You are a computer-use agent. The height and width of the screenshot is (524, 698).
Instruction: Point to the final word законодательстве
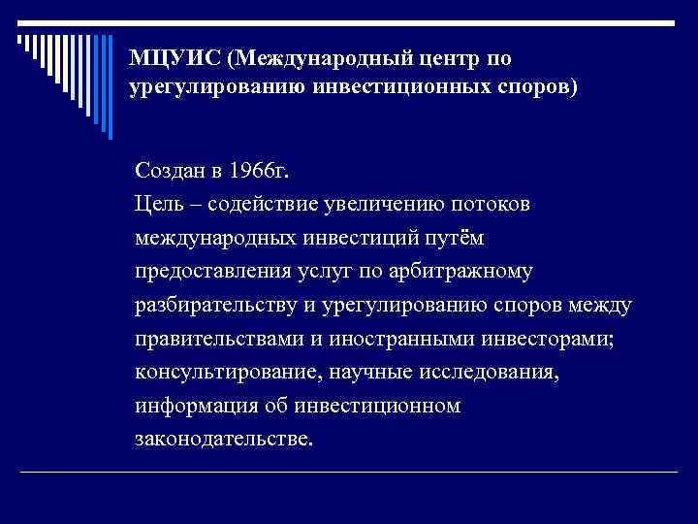pyautogui.click(x=224, y=439)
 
